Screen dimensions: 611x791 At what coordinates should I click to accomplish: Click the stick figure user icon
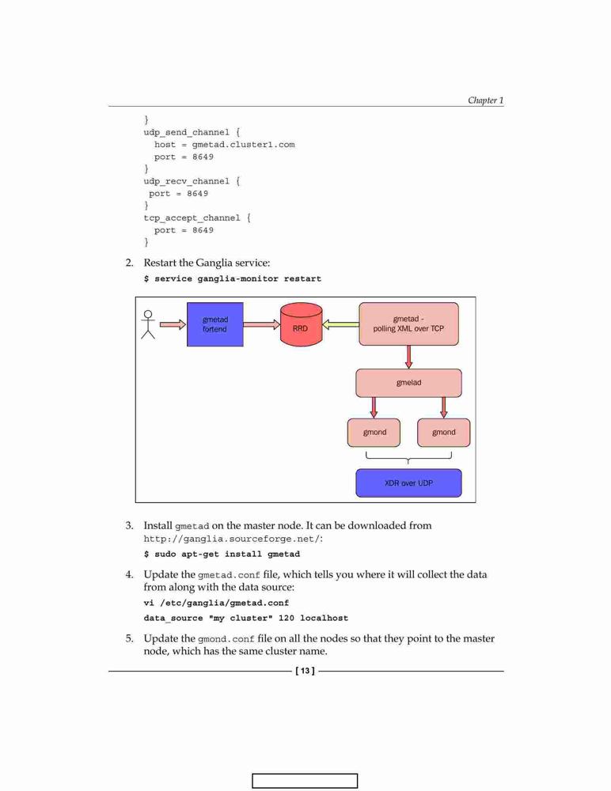coord(148,324)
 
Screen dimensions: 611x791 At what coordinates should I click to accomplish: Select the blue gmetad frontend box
coord(215,324)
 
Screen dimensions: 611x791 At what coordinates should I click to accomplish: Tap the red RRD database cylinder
coord(301,324)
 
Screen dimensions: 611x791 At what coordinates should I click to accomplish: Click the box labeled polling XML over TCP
coord(408,324)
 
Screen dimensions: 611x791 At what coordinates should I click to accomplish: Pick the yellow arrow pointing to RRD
coord(340,324)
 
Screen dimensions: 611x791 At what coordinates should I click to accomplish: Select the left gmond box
coord(374,433)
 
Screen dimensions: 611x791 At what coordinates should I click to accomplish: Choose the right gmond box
coord(443,433)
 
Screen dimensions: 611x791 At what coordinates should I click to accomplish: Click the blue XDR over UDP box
coord(408,483)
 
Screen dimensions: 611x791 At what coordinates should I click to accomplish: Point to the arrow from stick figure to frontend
coord(173,324)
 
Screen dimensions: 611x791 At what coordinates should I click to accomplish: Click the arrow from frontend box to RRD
coord(261,324)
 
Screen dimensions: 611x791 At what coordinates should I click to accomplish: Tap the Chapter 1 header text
coord(485,100)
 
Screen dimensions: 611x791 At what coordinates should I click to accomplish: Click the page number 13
coord(305,671)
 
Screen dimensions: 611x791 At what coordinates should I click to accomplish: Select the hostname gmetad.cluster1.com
coord(244,144)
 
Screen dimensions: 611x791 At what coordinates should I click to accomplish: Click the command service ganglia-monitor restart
coord(238,278)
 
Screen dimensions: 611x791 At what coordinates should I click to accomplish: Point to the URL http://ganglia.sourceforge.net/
coord(232,539)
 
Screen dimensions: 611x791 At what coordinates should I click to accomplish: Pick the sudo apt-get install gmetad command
coord(226,554)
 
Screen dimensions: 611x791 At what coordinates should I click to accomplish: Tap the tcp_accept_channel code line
coord(197,218)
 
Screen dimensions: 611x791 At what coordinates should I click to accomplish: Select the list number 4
coord(129,574)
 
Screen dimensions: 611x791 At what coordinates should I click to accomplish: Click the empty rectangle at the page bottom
coord(305,781)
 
